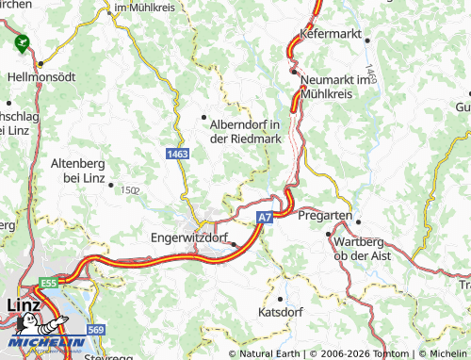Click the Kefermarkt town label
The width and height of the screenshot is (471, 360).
[x=332, y=33]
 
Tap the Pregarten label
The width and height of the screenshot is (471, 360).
[x=324, y=216]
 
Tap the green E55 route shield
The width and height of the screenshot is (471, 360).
[x=47, y=283]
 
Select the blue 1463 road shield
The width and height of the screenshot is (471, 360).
[x=176, y=152]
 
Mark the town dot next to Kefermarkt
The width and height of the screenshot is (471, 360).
[x=368, y=40]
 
